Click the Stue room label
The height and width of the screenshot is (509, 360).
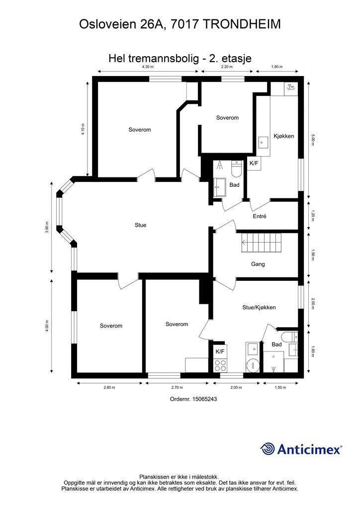click(140, 225)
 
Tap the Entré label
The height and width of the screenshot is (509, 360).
click(260, 216)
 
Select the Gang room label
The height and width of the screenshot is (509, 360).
click(258, 264)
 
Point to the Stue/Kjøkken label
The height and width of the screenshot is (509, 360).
click(259, 307)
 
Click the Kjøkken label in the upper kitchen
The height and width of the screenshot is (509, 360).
click(284, 136)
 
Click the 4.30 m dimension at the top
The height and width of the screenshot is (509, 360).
click(148, 67)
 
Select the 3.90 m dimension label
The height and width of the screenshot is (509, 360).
click(47, 227)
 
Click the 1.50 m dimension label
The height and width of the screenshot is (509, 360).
click(281, 387)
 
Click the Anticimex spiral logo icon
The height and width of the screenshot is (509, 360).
click(268, 449)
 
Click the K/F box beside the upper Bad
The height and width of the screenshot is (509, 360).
click(254, 163)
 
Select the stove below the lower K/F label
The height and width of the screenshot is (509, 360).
click(220, 365)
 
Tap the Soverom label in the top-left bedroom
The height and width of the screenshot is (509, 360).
click(139, 130)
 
